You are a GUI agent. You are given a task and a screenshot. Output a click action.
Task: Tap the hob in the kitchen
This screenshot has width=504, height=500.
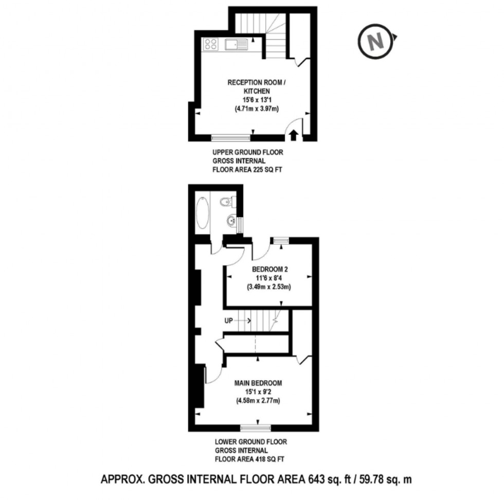211,44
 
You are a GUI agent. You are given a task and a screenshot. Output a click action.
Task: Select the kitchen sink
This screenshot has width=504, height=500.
236,45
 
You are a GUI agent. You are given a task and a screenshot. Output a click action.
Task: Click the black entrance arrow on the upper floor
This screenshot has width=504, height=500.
294,134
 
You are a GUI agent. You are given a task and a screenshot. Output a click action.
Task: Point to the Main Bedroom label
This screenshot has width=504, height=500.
258,383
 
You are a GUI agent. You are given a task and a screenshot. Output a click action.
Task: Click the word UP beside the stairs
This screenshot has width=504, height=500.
229,320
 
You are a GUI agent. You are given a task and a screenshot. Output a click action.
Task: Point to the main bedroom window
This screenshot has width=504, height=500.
256,427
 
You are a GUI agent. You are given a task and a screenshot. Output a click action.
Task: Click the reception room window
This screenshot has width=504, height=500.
231,137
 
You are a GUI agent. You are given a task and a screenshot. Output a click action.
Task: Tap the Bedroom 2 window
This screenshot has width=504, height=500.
280,240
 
